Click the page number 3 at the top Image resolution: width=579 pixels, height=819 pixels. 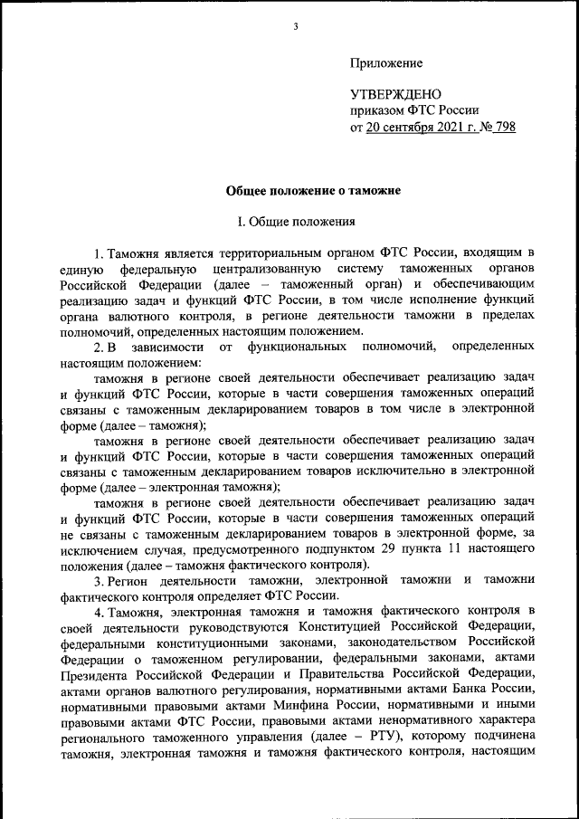[x=295, y=26]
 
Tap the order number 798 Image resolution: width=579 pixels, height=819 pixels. [x=503, y=127]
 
